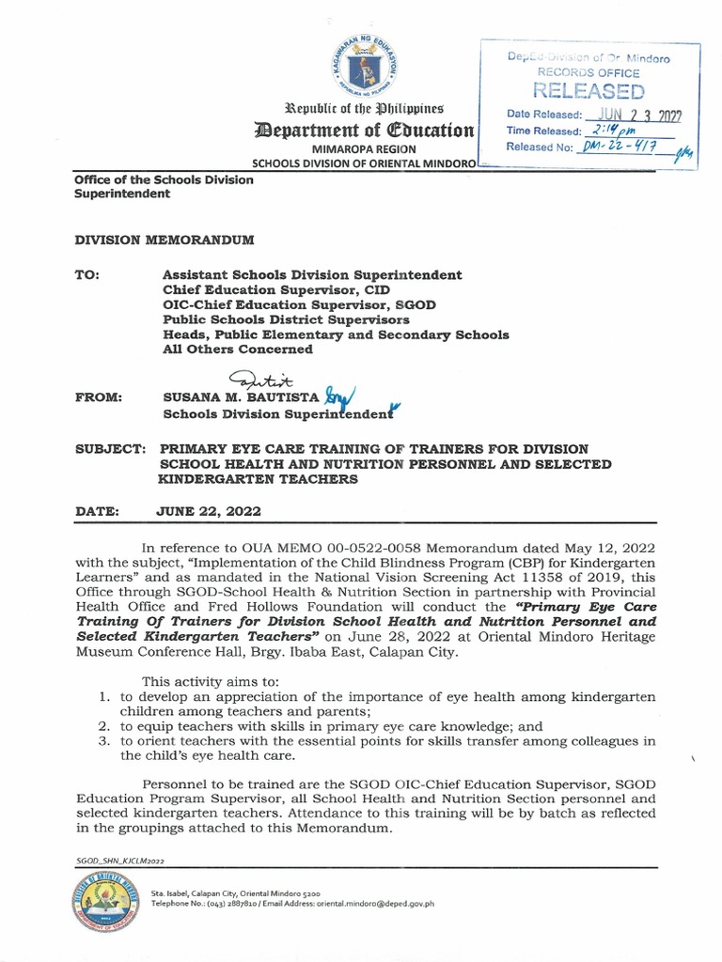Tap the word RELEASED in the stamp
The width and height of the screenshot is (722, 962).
(x=589, y=91)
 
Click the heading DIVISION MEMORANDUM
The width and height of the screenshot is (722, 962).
(x=165, y=240)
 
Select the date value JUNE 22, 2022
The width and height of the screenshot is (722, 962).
(x=209, y=511)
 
